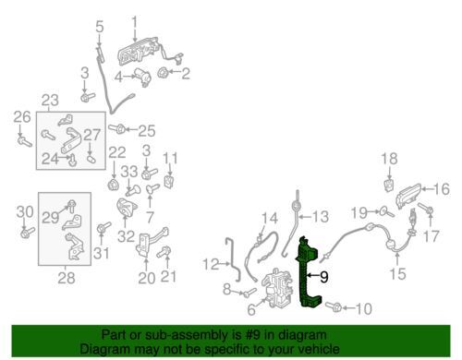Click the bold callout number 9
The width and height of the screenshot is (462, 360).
pos(324,277)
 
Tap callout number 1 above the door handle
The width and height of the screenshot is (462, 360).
pos(135,24)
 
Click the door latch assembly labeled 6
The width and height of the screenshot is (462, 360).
pos(276,287)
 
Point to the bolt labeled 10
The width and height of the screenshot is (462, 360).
pos(334,306)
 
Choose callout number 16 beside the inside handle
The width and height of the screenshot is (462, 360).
pos(441,189)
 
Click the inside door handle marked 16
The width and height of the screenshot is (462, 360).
pos(409,196)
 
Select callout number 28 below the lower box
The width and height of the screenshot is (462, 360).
pos(67,278)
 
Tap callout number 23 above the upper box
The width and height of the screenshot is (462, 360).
pos(50,101)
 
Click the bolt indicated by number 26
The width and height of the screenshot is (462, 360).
pos(25,142)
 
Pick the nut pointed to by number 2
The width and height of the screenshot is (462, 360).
pos(163,73)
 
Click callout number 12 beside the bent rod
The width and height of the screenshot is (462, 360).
pos(212,264)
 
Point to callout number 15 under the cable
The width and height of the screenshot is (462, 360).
pos(397,273)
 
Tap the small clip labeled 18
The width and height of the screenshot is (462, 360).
pos(389,186)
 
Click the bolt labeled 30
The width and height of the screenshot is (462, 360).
pos(27,233)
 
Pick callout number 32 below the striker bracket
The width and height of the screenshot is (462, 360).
pos(127,236)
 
